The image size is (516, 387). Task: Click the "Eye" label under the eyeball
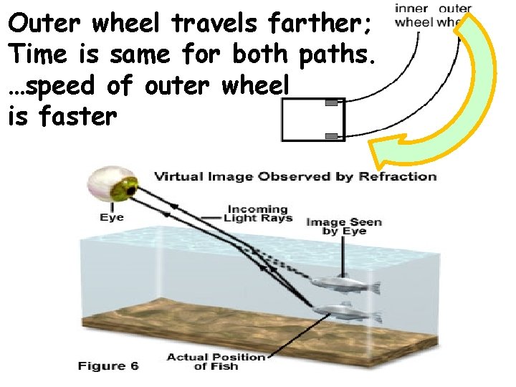(112, 217)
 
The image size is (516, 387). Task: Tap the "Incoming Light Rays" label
(258, 214)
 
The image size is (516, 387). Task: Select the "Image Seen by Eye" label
(344, 226)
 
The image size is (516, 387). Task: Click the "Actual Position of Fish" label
(216, 362)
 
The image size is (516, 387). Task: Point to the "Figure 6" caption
(108, 366)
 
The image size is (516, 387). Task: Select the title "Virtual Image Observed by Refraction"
(295, 176)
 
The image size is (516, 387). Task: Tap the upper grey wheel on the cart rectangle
(331, 105)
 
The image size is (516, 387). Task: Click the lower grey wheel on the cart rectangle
(331, 135)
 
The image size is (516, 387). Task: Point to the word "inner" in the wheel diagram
(411, 9)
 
